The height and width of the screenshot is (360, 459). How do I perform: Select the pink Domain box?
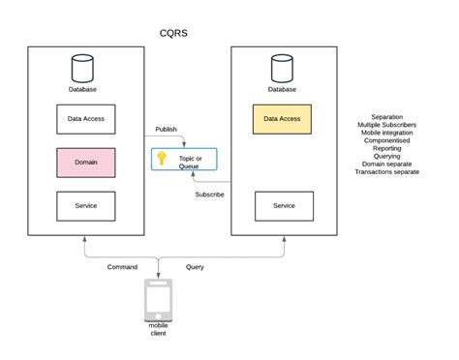coord(86,163)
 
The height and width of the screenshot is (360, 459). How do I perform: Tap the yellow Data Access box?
coord(282,119)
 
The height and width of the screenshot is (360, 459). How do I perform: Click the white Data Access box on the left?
coord(86,119)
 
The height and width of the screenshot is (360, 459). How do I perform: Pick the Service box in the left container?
coord(86,205)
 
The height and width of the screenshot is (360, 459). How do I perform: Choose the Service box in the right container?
coord(284,205)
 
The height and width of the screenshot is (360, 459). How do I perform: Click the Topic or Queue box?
coord(184,161)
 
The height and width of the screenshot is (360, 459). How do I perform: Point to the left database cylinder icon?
coord(84,69)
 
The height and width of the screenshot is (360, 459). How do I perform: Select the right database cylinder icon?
coord(282,69)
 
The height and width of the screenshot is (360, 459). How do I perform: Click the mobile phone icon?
coord(157,300)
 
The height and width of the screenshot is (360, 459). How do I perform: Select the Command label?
coord(122,266)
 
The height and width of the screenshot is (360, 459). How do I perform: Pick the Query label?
coord(195,266)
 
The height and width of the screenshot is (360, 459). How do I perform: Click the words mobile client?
coord(157,331)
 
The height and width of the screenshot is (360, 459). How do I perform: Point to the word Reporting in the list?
coord(387,149)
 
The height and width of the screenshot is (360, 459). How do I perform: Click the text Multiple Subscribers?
coord(387,124)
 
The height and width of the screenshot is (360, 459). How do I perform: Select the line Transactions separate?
coord(387,173)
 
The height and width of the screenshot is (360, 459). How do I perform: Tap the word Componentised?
coord(387,140)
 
